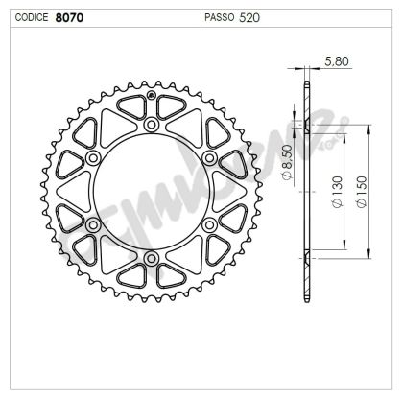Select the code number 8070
pyautogui.click(x=69, y=17)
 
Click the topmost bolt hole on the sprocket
pyautogui.click(x=152, y=126)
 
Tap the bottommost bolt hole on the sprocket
pyautogui.click(x=152, y=258)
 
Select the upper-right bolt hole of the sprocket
pyautogui.click(x=209, y=158)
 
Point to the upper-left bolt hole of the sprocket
pyautogui.click(x=94, y=158)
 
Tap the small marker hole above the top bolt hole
pyautogui.click(x=152, y=97)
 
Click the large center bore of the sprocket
pyautogui.click(x=152, y=192)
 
